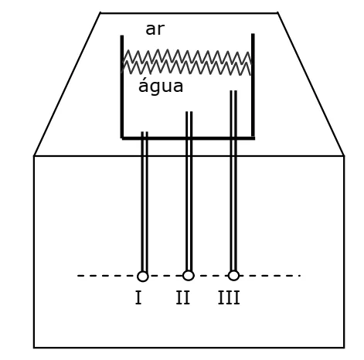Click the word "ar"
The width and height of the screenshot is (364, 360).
pyautogui.click(x=155, y=29)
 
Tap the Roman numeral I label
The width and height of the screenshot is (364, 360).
pyautogui.click(x=138, y=297)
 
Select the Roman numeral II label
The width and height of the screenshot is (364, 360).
pyautogui.click(x=183, y=297)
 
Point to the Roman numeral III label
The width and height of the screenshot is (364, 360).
pyautogui.click(x=229, y=297)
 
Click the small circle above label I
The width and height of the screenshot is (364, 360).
pyautogui.click(x=143, y=277)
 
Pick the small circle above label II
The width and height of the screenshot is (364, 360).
pyautogui.click(x=189, y=275)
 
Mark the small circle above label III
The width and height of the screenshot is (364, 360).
pyautogui.click(x=233, y=275)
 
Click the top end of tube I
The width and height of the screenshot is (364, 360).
pyautogui.click(x=145, y=132)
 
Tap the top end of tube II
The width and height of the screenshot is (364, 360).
pyautogui.click(x=189, y=112)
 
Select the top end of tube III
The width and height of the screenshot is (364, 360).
pyautogui.click(x=233, y=91)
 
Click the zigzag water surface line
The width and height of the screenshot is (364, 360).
pyautogui.click(x=187, y=62)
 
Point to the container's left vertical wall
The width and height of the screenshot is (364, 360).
pyautogui.click(x=122, y=87)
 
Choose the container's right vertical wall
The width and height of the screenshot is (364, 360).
pyautogui.click(x=253, y=85)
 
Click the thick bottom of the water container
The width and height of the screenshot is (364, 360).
pyautogui.click(x=189, y=138)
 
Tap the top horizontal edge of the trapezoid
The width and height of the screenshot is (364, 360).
pyautogui.click(x=189, y=13)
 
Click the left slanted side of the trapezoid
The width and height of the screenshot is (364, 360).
pyautogui.click(x=67, y=84)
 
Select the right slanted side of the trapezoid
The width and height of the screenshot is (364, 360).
pyautogui.click(x=311, y=84)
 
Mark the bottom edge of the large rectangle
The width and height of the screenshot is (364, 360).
pyautogui.click(x=189, y=348)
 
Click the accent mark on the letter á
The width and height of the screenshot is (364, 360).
pyautogui.click(x=145, y=77)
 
